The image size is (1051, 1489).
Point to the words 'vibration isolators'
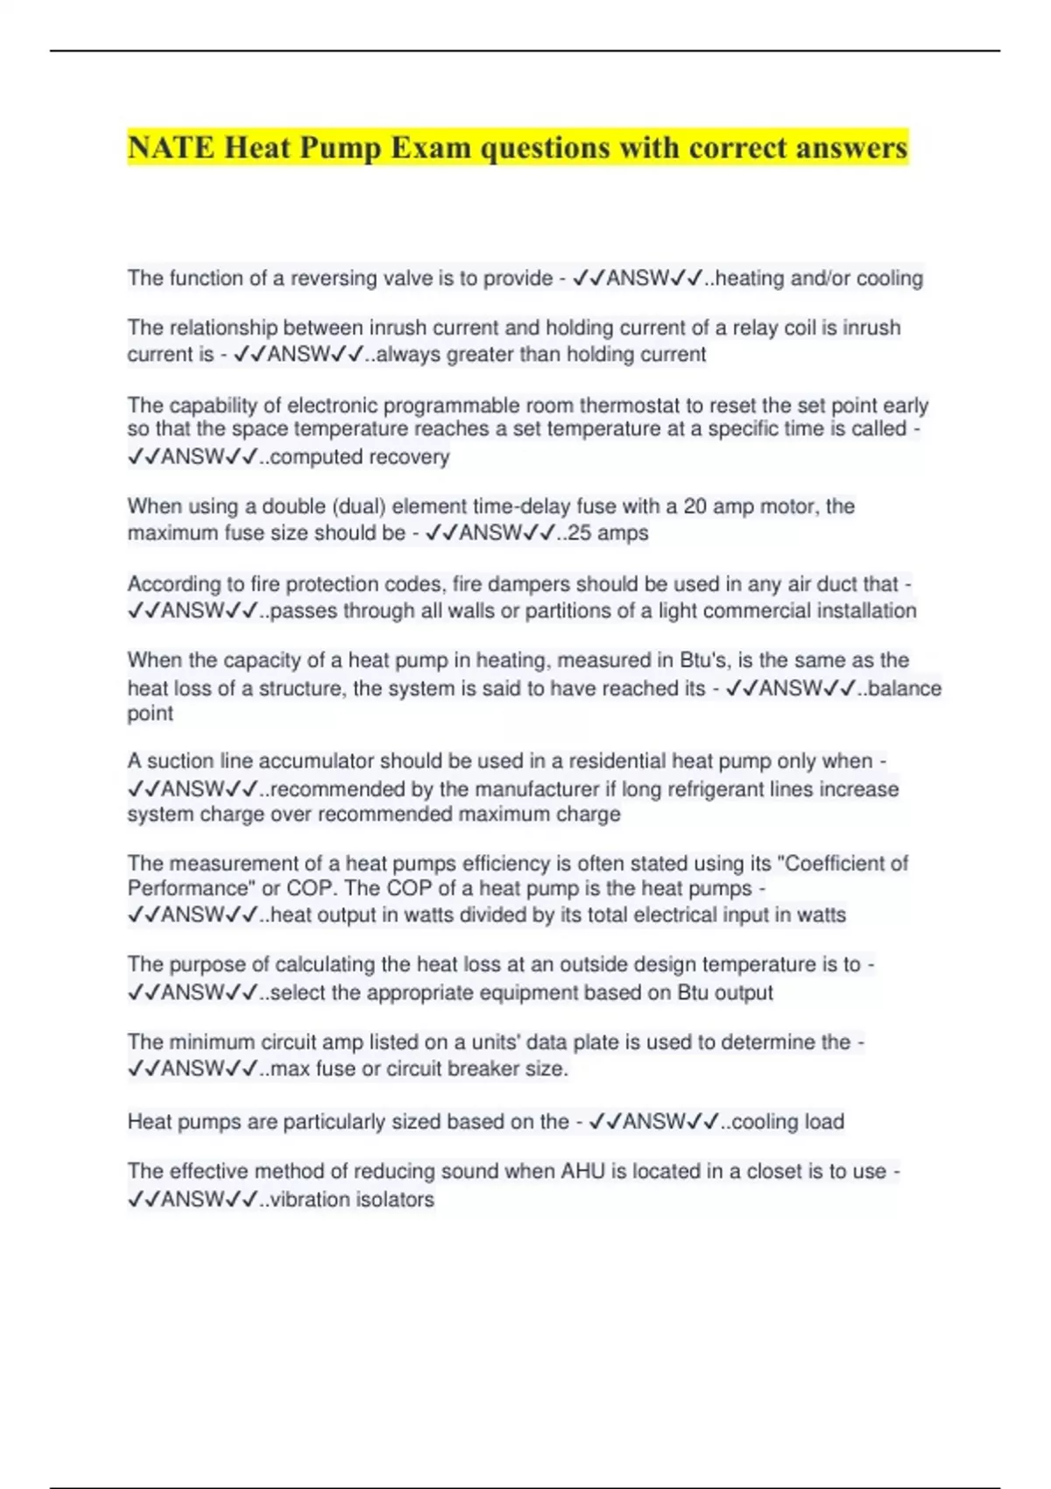pyautogui.click(x=352, y=1199)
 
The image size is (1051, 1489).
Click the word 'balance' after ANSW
pyautogui.click(x=905, y=688)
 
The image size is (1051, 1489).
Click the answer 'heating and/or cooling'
pyautogui.click(x=819, y=278)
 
